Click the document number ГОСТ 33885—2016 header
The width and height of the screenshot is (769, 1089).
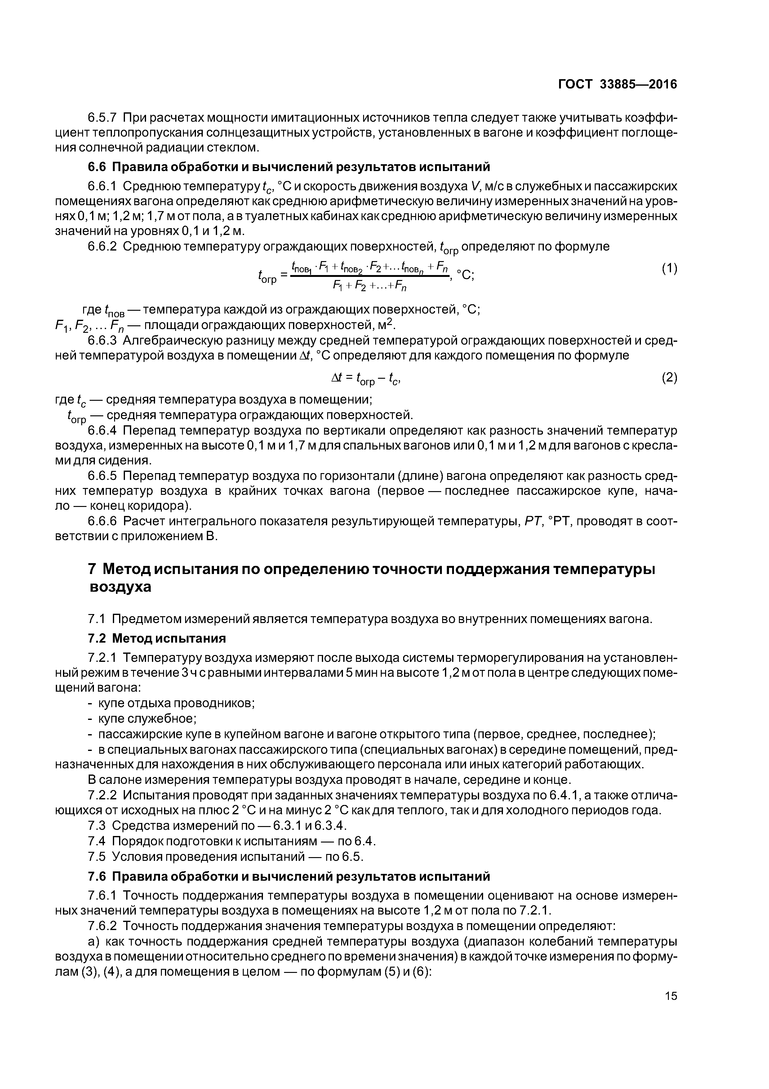click(x=617, y=84)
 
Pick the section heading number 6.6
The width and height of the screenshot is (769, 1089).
click(x=98, y=167)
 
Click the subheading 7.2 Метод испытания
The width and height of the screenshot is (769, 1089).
click(x=157, y=639)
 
